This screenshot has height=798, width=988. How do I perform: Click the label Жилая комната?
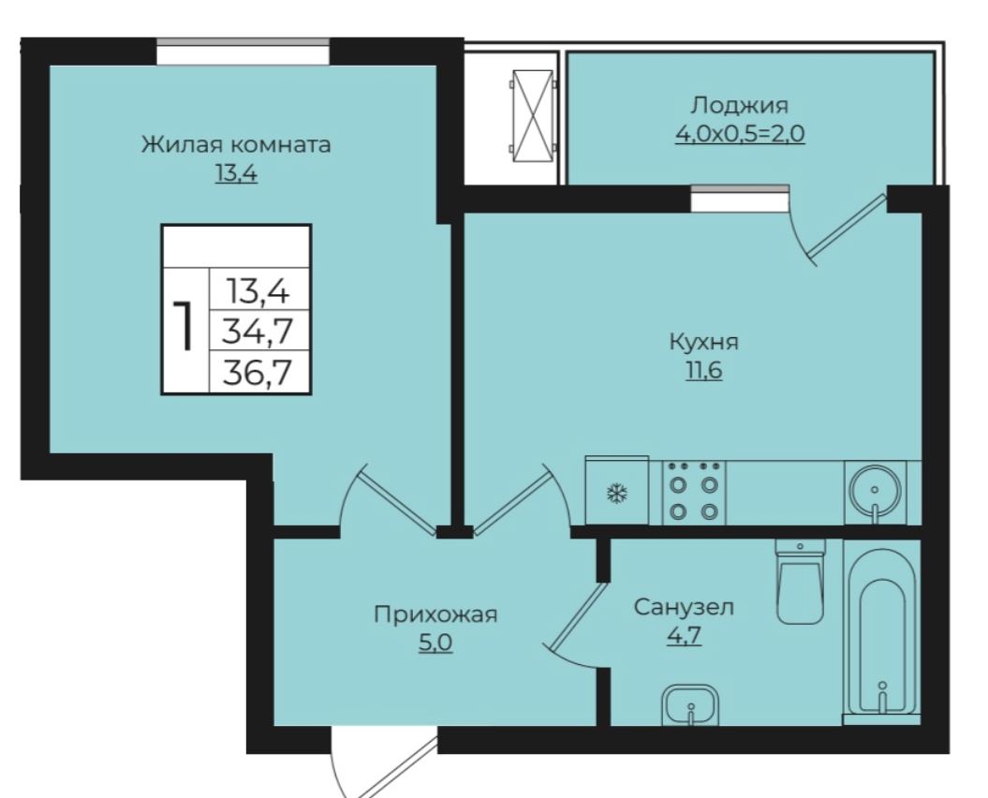coord(236,144)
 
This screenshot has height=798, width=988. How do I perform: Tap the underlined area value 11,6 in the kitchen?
coord(704,371)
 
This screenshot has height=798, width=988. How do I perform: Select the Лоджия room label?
coord(739,105)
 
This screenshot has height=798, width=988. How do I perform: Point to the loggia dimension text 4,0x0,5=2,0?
coord(740,134)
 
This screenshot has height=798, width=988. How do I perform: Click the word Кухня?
coord(703,342)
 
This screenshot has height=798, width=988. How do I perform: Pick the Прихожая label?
coord(435,613)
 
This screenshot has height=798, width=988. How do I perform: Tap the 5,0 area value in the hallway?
coord(435,643)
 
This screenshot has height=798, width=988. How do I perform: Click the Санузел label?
coord(684,607)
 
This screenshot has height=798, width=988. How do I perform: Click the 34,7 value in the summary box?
coord(258,331)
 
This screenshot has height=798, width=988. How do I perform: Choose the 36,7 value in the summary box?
coord(258,372)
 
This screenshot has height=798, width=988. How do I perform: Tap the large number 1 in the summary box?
coord(184,325)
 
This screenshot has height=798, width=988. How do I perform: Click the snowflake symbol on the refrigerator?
coord(616,493)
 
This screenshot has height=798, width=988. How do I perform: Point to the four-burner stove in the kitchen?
coord(694,493)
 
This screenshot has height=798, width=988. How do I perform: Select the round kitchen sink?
coord(875,493)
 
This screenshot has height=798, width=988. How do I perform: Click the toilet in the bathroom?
coord(800,581)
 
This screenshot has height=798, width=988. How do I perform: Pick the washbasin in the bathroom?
coord(690,704)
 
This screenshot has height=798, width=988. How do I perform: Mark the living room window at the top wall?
coord(243,52)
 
